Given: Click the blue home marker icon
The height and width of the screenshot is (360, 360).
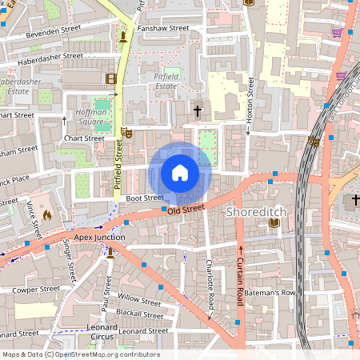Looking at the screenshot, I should coord(180,173).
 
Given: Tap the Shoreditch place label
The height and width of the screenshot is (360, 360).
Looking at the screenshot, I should coord(255,212).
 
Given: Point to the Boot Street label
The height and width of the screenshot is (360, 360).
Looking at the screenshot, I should coord(144,198).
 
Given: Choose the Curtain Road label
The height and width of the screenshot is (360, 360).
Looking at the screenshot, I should coord(239,277).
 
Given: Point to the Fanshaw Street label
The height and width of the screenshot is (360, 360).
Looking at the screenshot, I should coord(162,28).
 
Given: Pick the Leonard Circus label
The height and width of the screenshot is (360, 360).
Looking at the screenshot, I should coord(102,333).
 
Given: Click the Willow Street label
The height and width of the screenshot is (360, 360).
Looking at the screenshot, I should coord(139,301).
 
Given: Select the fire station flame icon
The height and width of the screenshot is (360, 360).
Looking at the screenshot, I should coord(46,214).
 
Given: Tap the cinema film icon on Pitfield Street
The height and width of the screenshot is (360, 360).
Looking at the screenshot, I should coord(110,78).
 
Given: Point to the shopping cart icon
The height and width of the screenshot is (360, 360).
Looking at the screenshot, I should coord(338,32).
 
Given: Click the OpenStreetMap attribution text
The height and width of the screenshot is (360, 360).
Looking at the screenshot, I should coord(80,354).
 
